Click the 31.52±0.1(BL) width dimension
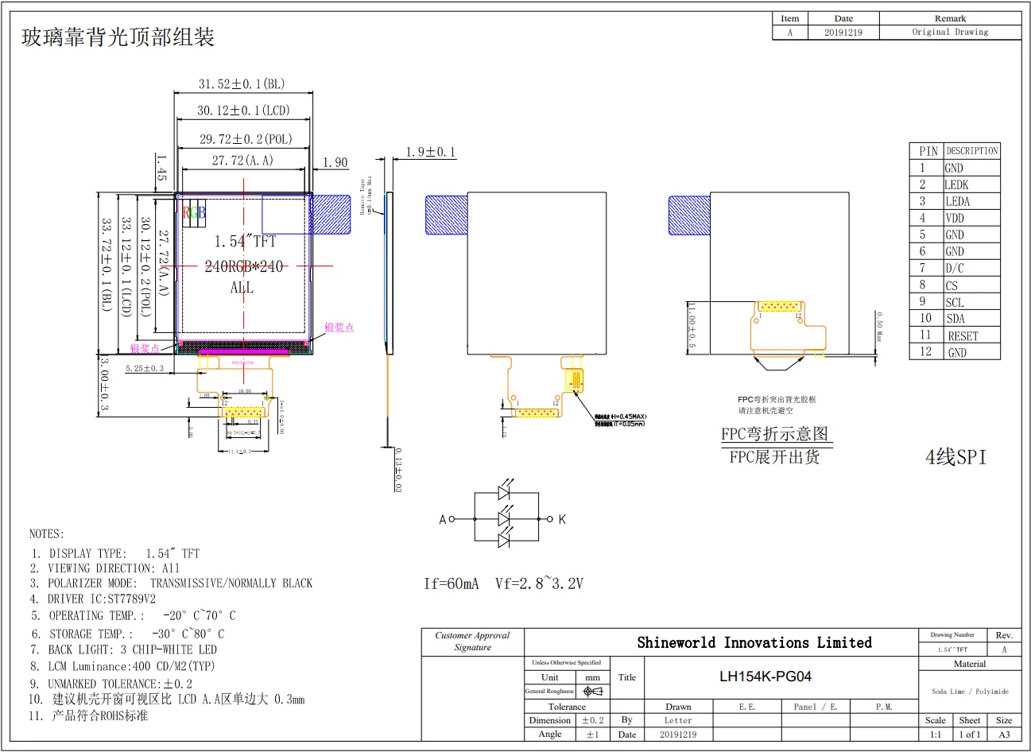[242, 83]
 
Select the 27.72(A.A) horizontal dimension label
[242, 161]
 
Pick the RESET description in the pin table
[963, 336]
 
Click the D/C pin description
[954, 269]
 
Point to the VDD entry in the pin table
[955, 218]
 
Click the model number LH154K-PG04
[765, 676]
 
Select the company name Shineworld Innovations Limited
[754, 642]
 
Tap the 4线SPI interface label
[955, 457]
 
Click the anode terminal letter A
[443, 520]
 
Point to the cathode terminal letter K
[562, 520]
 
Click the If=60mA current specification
[452, 583]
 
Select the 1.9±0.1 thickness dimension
[431, 152]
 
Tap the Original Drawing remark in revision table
[950, 33]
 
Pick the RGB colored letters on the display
[194, 212]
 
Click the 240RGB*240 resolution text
[244, 266]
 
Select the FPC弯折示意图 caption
[774, 434]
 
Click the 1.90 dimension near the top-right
[335, 162]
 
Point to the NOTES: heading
[47, 533]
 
